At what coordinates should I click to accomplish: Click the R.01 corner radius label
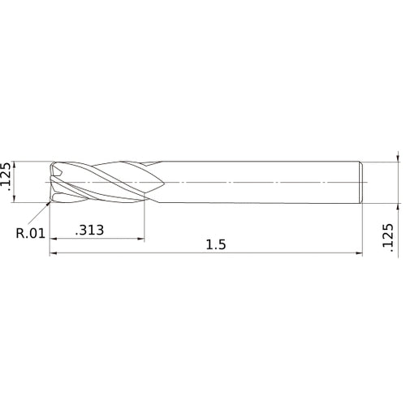31,233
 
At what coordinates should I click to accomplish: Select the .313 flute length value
89,230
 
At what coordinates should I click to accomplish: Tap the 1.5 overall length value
216,244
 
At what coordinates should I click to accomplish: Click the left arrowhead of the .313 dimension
53,239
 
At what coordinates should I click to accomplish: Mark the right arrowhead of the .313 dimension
141,239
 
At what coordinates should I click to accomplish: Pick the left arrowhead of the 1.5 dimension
53,253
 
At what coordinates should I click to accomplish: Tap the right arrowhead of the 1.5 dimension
359,253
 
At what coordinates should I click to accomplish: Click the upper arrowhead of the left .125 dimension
15,165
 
